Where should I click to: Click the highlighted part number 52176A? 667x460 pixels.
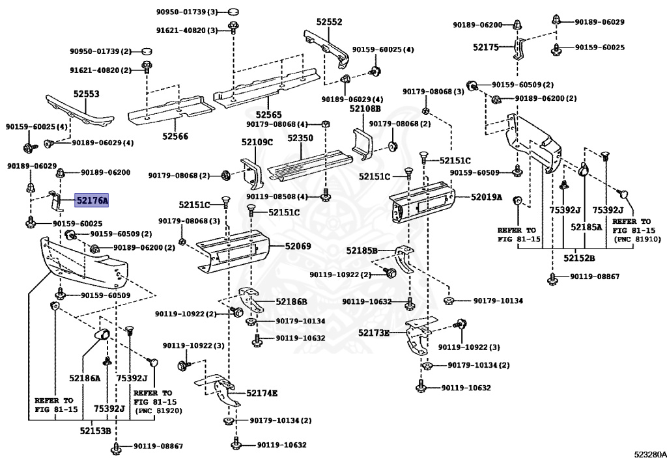click(x=92, y=201)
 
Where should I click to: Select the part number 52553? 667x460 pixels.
click(x=86, y=94)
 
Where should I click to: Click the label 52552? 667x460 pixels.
click(x=329, y=21)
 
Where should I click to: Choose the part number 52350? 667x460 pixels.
click(x=300, y=139)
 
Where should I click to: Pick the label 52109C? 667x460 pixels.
click(x=257, y=142)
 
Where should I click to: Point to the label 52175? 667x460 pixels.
click(x=485, y=47)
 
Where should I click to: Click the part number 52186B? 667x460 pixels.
click(x=291, y=301)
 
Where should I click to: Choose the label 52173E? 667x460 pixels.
click(x=373, y=333)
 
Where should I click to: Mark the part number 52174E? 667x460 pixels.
click(x=262, y=393)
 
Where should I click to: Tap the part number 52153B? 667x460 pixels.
click(x=96, y=430)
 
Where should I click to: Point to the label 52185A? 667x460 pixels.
click(x=587, y=227)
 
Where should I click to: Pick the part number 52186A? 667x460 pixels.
click(x=85, y=378)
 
